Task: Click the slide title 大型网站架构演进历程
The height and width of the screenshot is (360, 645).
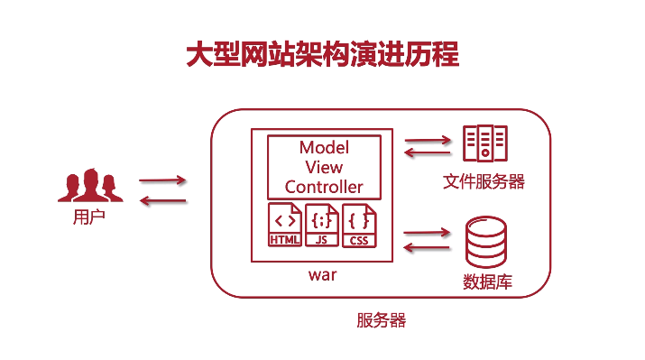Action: [x=322, y=53]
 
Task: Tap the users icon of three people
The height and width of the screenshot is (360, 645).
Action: [x=89, y=185]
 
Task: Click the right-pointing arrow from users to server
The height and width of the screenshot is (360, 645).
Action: [x=162, y=180]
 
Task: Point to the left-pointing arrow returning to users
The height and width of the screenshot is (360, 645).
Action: [x=162, y=200]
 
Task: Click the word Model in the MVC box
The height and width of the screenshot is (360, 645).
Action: [x=324, y=147]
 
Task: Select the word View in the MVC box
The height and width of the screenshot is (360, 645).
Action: [x=324, y=167]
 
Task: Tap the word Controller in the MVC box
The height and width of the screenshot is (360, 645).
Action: [x=324, y=187]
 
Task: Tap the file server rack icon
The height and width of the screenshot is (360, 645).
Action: [x=484, y=144]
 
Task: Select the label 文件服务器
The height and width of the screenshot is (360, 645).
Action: [x=484, y=181]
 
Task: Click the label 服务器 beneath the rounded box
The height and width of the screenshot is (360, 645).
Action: [x=382, y=320]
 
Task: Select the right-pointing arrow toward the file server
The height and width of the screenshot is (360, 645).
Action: [x=427, y=140]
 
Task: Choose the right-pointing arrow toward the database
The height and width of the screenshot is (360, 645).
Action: [x=427, y=232]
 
